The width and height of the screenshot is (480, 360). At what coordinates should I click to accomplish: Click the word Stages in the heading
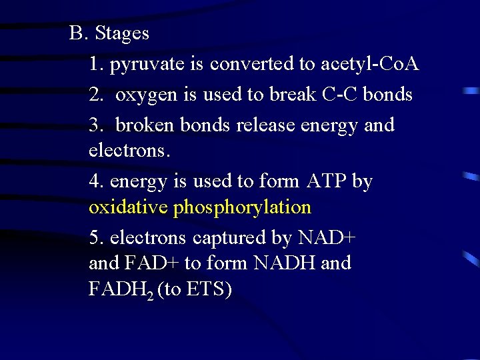(x=122, y=33)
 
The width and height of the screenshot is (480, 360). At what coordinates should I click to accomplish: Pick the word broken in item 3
(x=145, y=125)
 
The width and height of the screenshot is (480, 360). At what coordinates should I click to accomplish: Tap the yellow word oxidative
(x=128, y=207)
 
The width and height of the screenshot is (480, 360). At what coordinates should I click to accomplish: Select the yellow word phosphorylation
(x=242, y=208)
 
